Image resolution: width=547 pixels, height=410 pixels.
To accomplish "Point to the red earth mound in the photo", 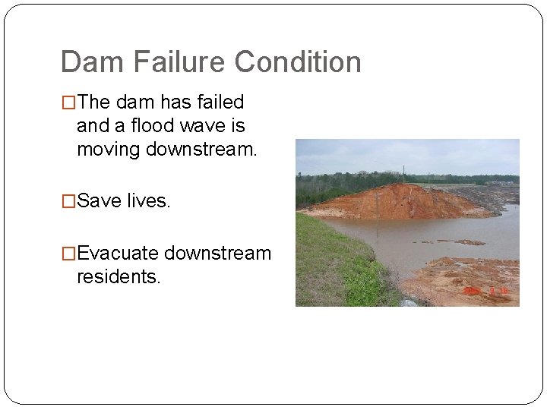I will tap(395, 201).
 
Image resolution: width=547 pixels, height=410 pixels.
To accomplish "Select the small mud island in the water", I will tap(470, 242).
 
